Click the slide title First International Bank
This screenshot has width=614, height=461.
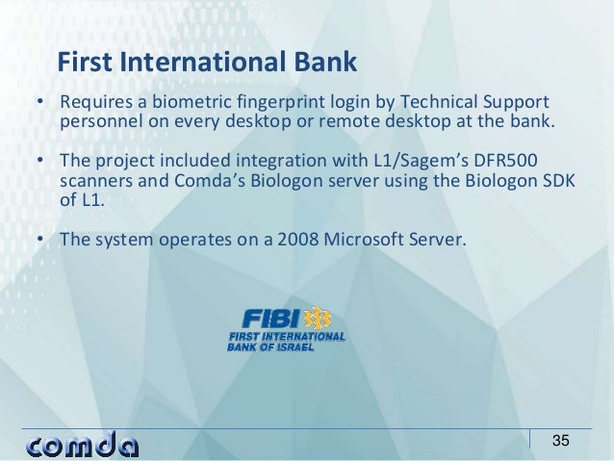click(207, 63)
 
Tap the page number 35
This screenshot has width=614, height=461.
click(560, 442)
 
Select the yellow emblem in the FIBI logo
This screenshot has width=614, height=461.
click(316, 319)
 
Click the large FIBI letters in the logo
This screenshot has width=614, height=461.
click(271, 319)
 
